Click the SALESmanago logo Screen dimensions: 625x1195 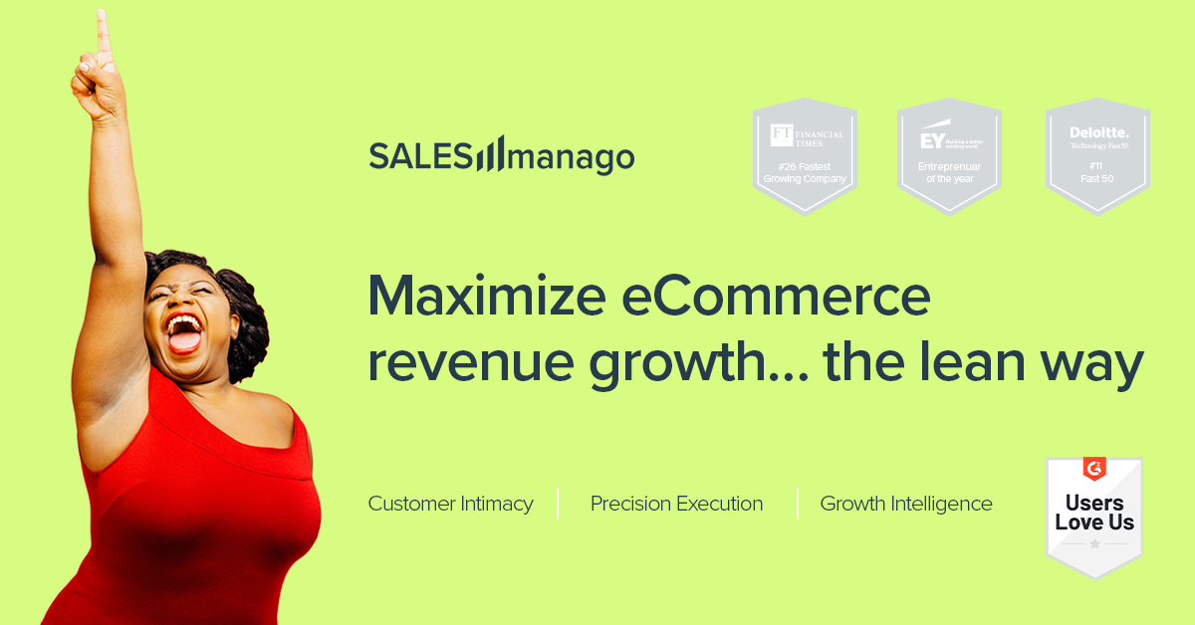click(x=501, y=155)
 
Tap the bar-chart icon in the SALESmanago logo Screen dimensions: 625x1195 click(x=489, y=153)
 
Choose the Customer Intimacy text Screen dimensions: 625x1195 click(x=450, y=504)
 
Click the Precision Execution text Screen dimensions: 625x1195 click(x=676, y=504)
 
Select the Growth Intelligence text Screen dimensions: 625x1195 click(x=906, y=504)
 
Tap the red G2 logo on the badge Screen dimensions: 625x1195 click(x=1094, y=468)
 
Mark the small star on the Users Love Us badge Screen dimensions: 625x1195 click(x=1094, y=544)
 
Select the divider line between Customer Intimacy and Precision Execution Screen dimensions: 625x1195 click(x=558, y=504)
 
